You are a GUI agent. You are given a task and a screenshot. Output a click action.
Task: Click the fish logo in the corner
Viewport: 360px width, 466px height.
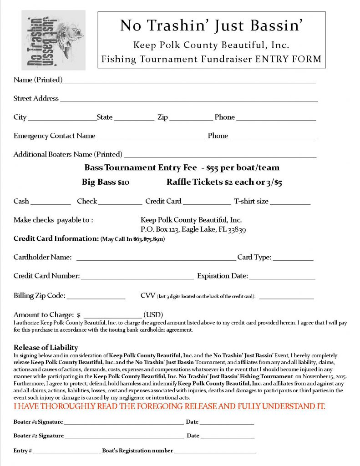(53, 40)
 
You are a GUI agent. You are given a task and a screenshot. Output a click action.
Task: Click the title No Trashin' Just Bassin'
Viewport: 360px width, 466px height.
(211, 26)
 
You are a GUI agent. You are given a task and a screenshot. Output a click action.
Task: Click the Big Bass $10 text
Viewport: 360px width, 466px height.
(106, 182)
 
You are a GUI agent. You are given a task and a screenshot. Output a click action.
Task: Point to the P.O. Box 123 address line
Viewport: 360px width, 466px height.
(193, 229)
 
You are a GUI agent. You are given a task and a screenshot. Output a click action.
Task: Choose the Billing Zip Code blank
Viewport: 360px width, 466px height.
(96, 297)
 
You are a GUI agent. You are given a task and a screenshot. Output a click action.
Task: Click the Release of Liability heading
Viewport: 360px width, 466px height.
(46, 348)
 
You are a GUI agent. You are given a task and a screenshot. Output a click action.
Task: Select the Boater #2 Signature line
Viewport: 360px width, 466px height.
(124, 436)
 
